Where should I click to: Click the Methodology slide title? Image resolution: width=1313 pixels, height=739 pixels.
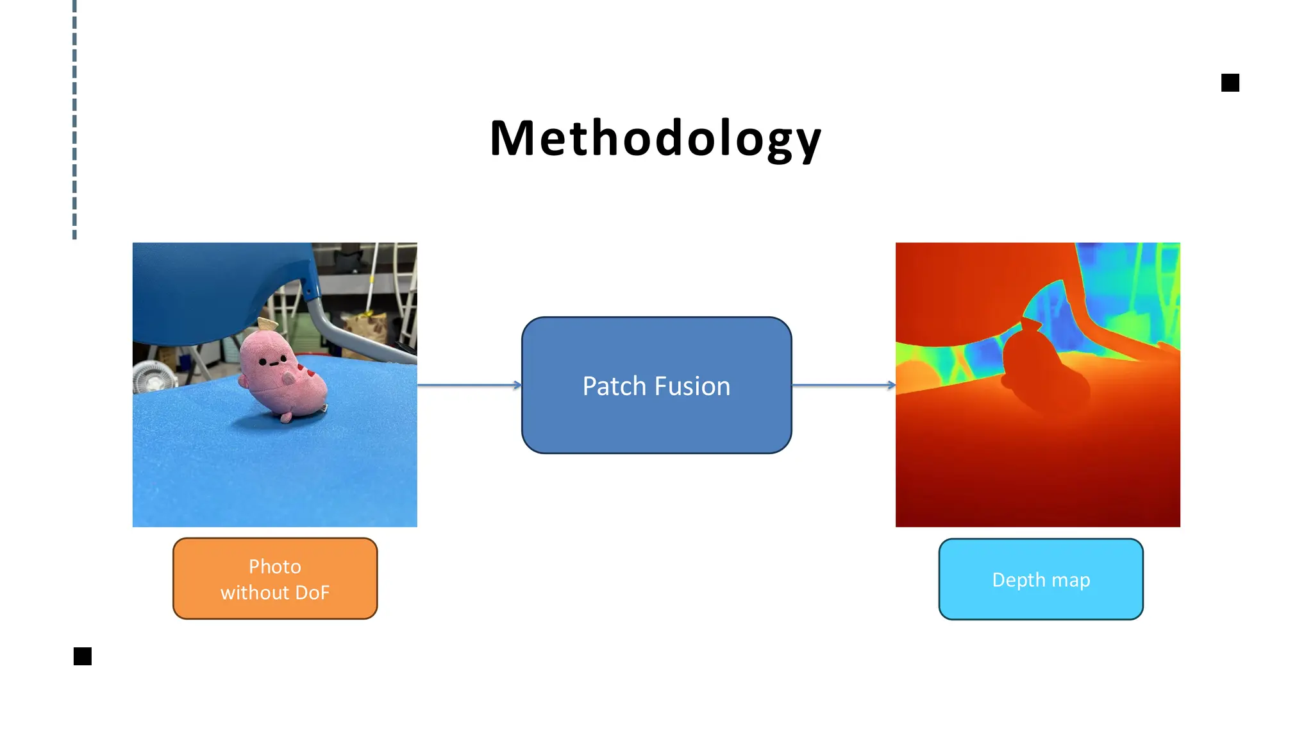coord(655,139)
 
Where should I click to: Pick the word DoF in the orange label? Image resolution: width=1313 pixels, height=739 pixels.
coord(312,592)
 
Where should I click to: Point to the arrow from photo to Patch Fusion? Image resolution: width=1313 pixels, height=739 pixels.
coord(469,385)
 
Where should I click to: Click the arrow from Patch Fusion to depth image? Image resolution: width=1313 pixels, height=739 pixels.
coord(843,385)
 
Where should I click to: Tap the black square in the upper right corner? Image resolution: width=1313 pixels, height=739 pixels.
coord(1230,83)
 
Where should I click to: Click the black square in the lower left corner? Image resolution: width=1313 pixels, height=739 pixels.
coord(83,656)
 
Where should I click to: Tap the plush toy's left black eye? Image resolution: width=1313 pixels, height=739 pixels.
coord(262,362)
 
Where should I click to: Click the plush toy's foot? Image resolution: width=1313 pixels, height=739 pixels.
coord(285,419)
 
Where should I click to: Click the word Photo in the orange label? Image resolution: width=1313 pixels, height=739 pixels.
coord(275,566)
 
